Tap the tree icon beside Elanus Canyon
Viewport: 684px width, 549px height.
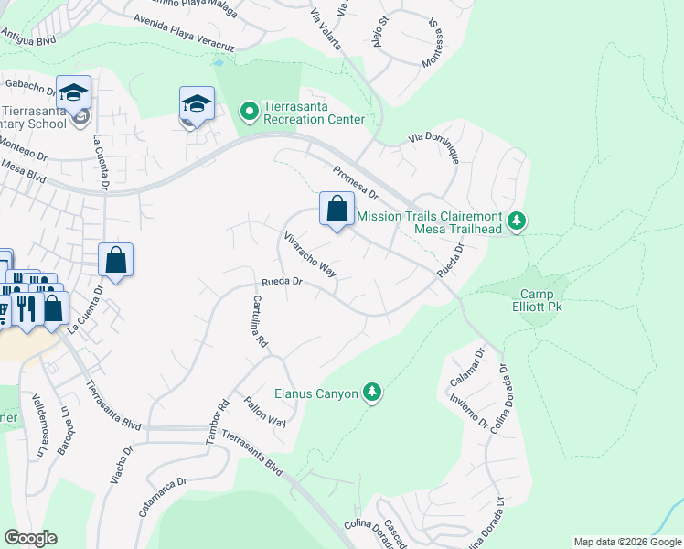point(372,393)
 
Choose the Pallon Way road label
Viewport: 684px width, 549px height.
point(265,412)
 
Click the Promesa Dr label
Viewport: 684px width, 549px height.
point(355,180)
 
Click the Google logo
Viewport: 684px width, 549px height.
point(31,538)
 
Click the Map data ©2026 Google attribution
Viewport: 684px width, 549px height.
point(627,542)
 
